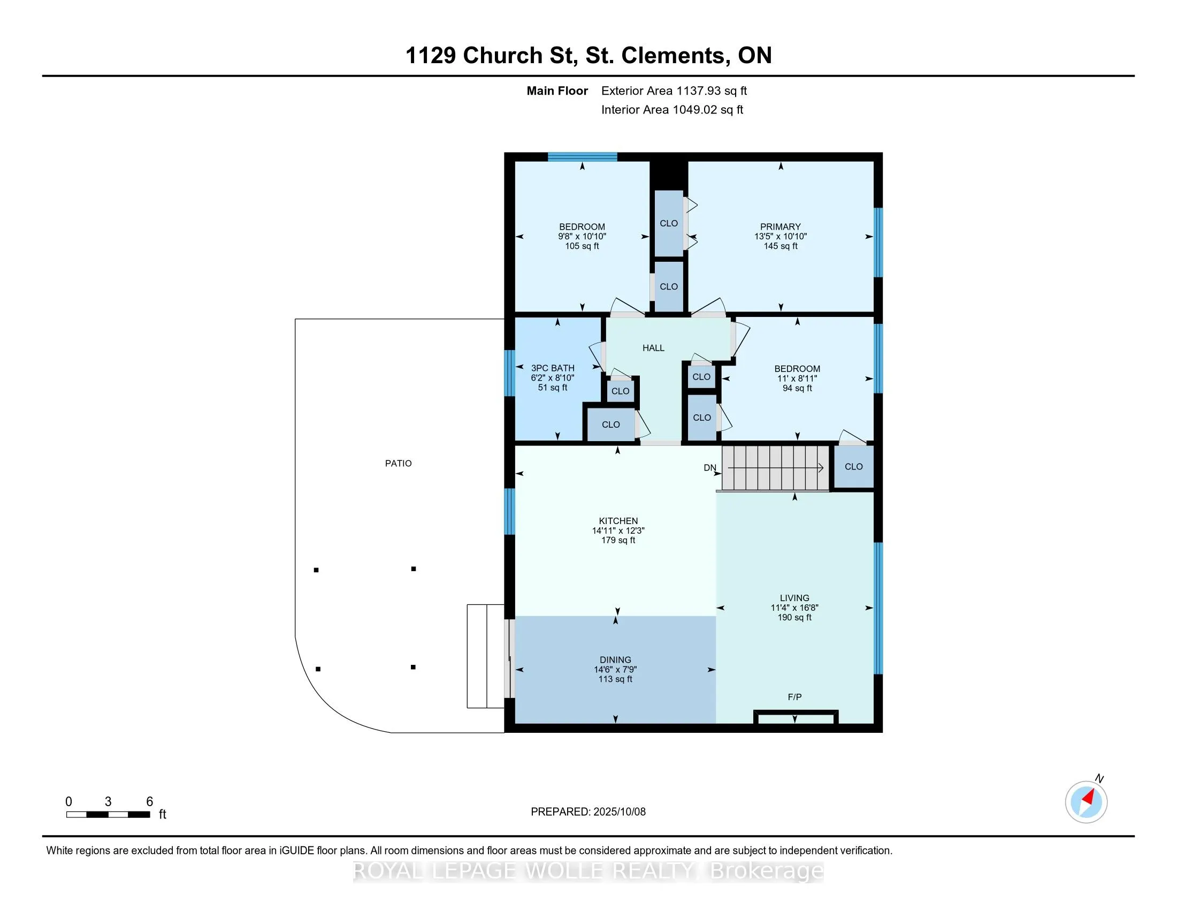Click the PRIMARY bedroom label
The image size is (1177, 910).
click(781, 227)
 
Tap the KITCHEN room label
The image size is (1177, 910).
click(618, 521)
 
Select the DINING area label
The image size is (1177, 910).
click(615, 660)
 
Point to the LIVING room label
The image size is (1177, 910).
click(794, 598)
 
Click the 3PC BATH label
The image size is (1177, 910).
click(553, 368)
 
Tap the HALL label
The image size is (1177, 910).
click(653, 348)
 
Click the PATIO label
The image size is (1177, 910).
click(398, 464)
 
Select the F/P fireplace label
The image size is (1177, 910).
click(794, 697)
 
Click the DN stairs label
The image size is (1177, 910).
click(710, 468)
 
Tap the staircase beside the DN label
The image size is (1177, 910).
click(775, 468)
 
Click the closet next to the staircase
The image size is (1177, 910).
click(854, 467)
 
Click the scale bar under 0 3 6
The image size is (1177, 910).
click(108, 815)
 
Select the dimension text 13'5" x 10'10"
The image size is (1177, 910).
click(781, 237)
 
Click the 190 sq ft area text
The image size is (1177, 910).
click(794, 617)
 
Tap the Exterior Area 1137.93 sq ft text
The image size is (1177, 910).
click(674, 91)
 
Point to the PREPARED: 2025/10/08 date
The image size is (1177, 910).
click(588, 812)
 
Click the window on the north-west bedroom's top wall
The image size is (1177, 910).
click(583, 157)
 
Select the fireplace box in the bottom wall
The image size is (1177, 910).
click(796, 718)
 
